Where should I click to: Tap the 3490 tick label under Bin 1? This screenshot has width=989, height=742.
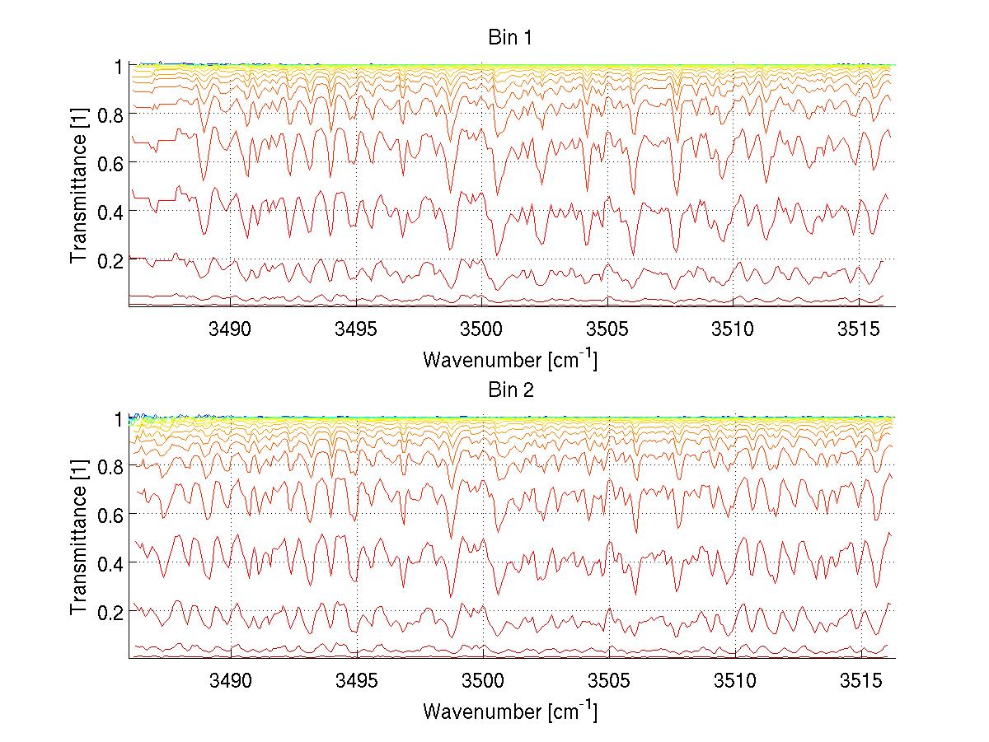click(x=230, y=329)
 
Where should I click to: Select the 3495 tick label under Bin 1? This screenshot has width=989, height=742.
click(x=356, y=329)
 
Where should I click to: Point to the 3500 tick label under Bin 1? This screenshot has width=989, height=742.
click(x=482, y=329)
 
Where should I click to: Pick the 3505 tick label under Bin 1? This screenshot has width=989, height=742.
click(x=608, y=329)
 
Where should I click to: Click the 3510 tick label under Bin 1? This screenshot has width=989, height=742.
click(x=734, y=329)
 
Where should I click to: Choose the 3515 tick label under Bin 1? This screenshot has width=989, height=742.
click(x=860, y=329)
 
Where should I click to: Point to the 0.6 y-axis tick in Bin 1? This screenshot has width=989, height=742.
click(x=110, y=163)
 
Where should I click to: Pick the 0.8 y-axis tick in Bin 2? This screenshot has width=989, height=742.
click(x=110, y=467)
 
